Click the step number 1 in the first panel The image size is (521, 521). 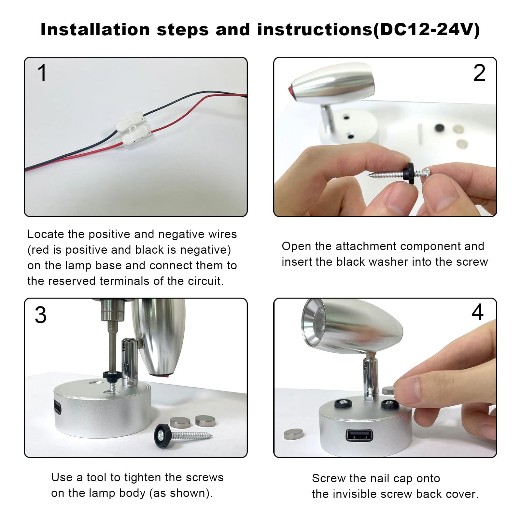43,72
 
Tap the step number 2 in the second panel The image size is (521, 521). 479,73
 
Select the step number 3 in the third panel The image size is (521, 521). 41,315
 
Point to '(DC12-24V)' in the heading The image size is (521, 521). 426,30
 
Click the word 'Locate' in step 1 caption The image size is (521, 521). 46,234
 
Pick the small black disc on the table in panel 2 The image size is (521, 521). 440,128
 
